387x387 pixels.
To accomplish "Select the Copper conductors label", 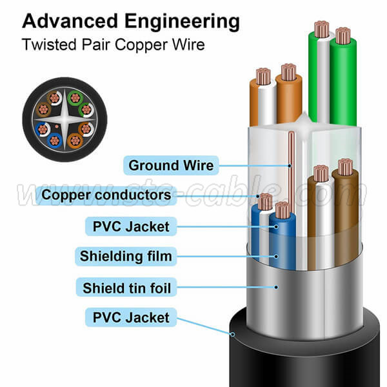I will [106, 194].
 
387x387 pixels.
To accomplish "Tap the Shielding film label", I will [126, 256].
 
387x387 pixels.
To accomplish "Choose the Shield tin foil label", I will [126, 287].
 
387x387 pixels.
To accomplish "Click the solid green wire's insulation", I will [344, 84].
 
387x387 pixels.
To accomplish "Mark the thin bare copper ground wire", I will [291, 168].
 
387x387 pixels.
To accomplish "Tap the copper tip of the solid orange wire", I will [288, 72].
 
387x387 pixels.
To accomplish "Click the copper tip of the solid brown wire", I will [345, 167].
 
